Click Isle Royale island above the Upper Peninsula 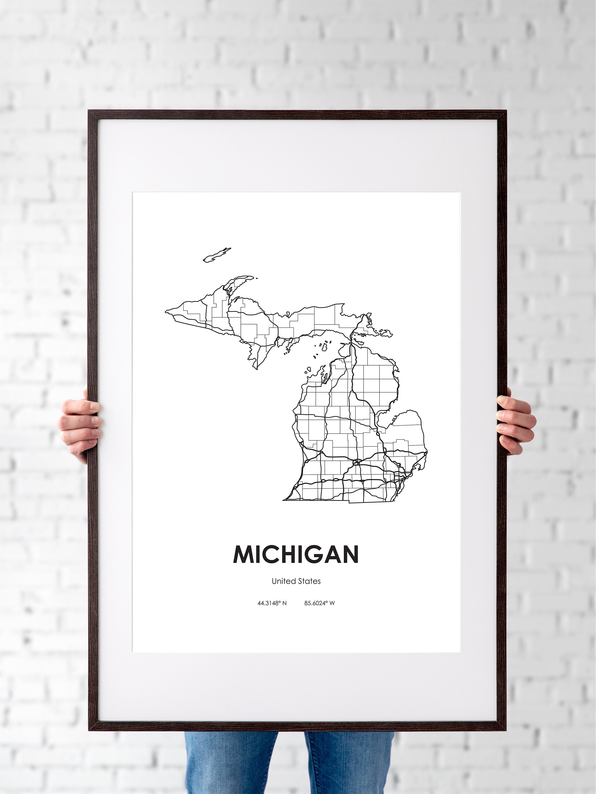[x=217, y=255]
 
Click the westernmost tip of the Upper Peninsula [x=166, y=311]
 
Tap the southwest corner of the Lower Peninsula [x=284, y=500]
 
